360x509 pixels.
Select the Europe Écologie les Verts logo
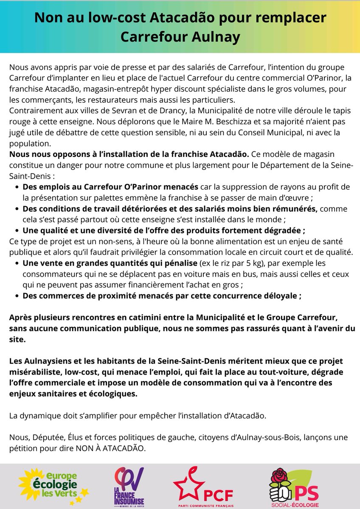[53, 484]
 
